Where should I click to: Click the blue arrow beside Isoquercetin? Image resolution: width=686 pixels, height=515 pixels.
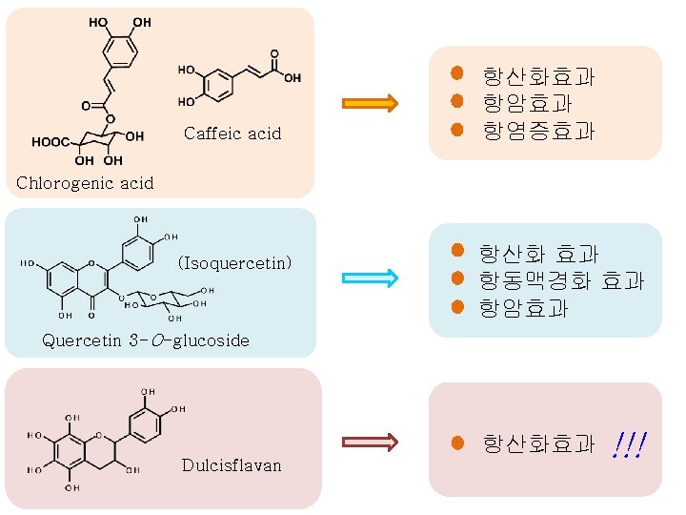point(369,278)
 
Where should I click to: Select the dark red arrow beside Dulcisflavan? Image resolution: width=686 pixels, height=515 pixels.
point(369,442)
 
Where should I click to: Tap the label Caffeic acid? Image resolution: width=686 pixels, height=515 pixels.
point(232,134)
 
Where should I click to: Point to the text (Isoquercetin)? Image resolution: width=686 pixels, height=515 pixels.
point(234,262)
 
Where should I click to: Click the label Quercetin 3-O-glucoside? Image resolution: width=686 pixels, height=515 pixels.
point(147,340)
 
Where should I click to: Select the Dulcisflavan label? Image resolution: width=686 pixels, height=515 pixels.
point(232,465)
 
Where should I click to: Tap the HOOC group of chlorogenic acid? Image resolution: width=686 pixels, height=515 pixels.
point(50,142)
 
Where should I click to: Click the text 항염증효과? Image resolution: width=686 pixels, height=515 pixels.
point(538,131)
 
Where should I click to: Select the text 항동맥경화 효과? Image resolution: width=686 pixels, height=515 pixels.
point(561,281)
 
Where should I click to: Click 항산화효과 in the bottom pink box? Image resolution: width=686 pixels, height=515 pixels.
point(538,443)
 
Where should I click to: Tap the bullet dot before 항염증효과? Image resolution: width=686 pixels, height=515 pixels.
point(457,129)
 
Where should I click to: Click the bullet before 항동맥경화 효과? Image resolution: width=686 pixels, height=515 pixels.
point(457,279)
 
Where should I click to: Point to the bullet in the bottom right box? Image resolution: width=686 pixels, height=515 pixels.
point(457,443)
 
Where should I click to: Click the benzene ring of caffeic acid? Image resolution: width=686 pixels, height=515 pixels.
point(217,84)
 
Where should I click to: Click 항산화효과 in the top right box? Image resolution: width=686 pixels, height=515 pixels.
point(538,75)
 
